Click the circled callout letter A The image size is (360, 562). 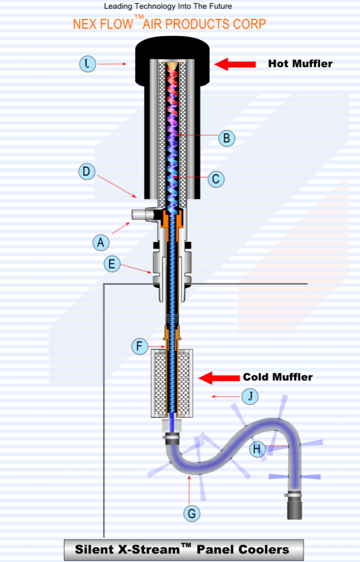coord(101,243)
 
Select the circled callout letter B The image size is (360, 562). coord(227,138)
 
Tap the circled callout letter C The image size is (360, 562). coord(216,179)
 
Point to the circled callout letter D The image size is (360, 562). coord(87,171)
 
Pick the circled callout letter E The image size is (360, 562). coord(112,264)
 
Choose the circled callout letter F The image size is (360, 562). coord(139,347)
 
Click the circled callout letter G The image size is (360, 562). coord(191,513)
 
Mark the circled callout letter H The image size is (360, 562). coord(257,449)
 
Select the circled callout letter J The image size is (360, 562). coord(251,397)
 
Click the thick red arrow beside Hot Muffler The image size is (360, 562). coord(234,64)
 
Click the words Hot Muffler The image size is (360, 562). coord(300,64)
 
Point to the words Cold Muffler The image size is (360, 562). coord(277,377)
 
